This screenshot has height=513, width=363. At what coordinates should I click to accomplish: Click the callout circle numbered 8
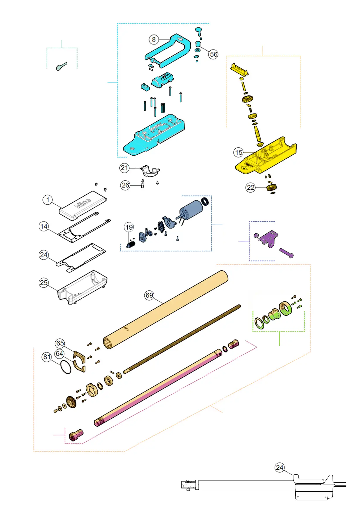point(154,39)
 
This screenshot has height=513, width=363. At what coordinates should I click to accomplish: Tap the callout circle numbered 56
point(213,54)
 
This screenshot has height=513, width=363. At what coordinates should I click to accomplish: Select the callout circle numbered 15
point(239,152)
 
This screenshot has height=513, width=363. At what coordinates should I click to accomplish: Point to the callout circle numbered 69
point(149,295)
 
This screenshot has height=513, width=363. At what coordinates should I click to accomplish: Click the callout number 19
point(129,227)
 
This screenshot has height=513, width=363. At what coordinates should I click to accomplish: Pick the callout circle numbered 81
point(47,357)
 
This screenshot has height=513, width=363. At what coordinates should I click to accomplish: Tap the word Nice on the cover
point(83,203)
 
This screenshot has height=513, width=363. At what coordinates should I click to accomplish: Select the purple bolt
point(286,253)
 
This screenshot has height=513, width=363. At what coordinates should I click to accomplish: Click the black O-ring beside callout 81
point(66,367)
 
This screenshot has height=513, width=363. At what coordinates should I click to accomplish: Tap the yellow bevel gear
point(248,99)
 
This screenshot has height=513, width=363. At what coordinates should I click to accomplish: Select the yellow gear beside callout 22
point(272,187)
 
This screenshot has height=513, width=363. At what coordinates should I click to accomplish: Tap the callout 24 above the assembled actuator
point(280,467)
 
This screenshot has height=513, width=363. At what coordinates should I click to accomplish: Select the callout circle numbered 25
point(44,283)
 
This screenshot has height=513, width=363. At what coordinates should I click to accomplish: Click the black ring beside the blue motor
point(206,201)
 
